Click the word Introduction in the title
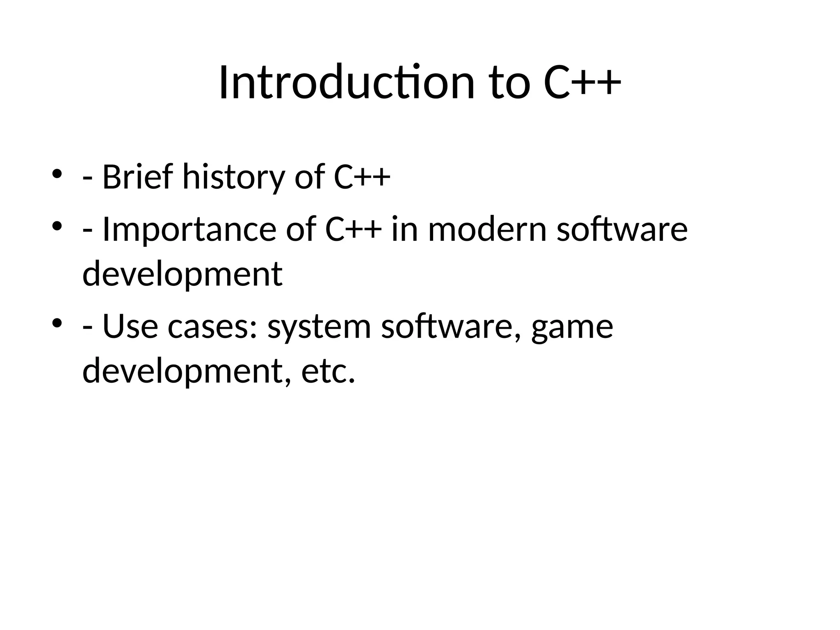point(347,83)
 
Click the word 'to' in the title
point(510,83)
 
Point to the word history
point(233,177)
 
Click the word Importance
point(189,230)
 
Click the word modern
point(487,230)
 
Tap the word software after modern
point(622,230)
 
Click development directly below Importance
point(182,274)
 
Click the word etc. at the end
point(328,371)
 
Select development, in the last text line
point(187,371)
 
